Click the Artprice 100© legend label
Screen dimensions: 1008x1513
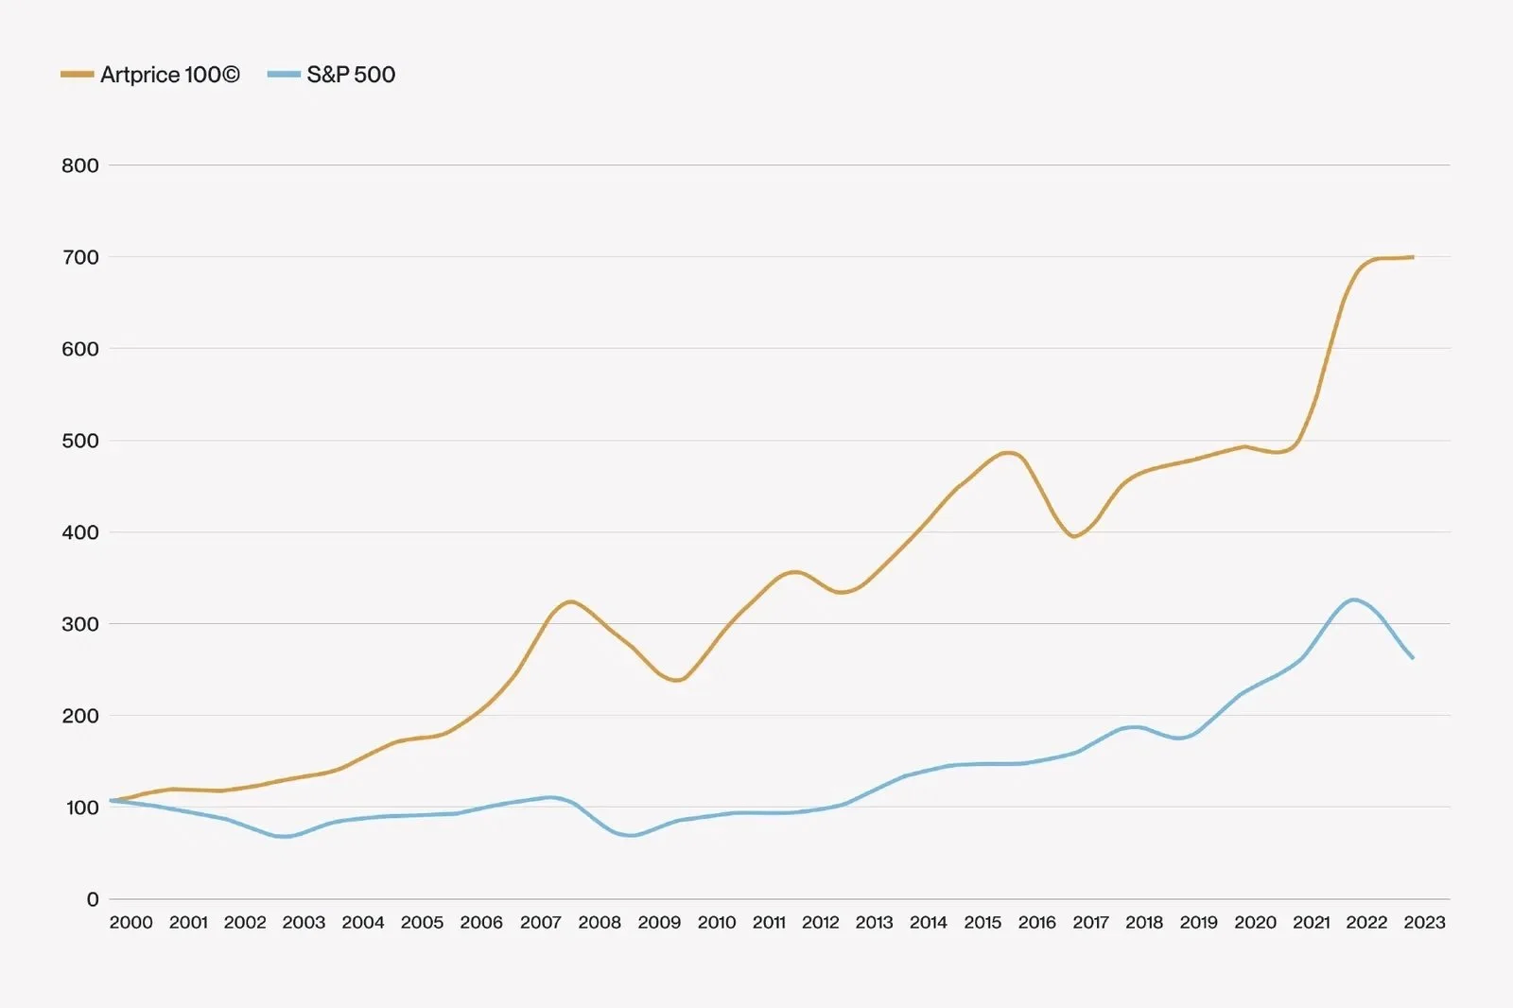point(170,75)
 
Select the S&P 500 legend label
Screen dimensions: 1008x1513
point(351,75)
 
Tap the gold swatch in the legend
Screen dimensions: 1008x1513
point(78,74)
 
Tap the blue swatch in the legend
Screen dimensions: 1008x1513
point(284,74)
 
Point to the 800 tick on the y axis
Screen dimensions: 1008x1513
point(80,165)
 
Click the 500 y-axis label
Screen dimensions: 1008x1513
point(80,441)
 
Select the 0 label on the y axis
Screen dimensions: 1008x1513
point(93,899)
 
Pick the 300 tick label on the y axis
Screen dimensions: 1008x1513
point(80,624)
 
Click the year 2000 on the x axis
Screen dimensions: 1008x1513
point(130,923)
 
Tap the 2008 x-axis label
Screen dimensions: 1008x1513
point(600,923)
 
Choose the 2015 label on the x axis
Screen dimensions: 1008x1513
point(983,923)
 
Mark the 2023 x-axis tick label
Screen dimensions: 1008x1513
point(1424,923)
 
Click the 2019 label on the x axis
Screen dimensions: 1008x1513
point(1198,923)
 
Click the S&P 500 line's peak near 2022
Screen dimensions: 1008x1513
point(1354,600)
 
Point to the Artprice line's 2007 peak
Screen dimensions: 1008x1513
point(571,601)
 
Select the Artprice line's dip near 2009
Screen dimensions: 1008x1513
point(677,680)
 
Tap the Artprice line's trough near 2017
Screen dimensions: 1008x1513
point(1074,537)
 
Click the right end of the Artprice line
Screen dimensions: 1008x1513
point(1413,257)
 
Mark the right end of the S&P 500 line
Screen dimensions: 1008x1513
point(1413,658)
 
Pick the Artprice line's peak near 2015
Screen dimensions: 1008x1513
point(1009,452)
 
